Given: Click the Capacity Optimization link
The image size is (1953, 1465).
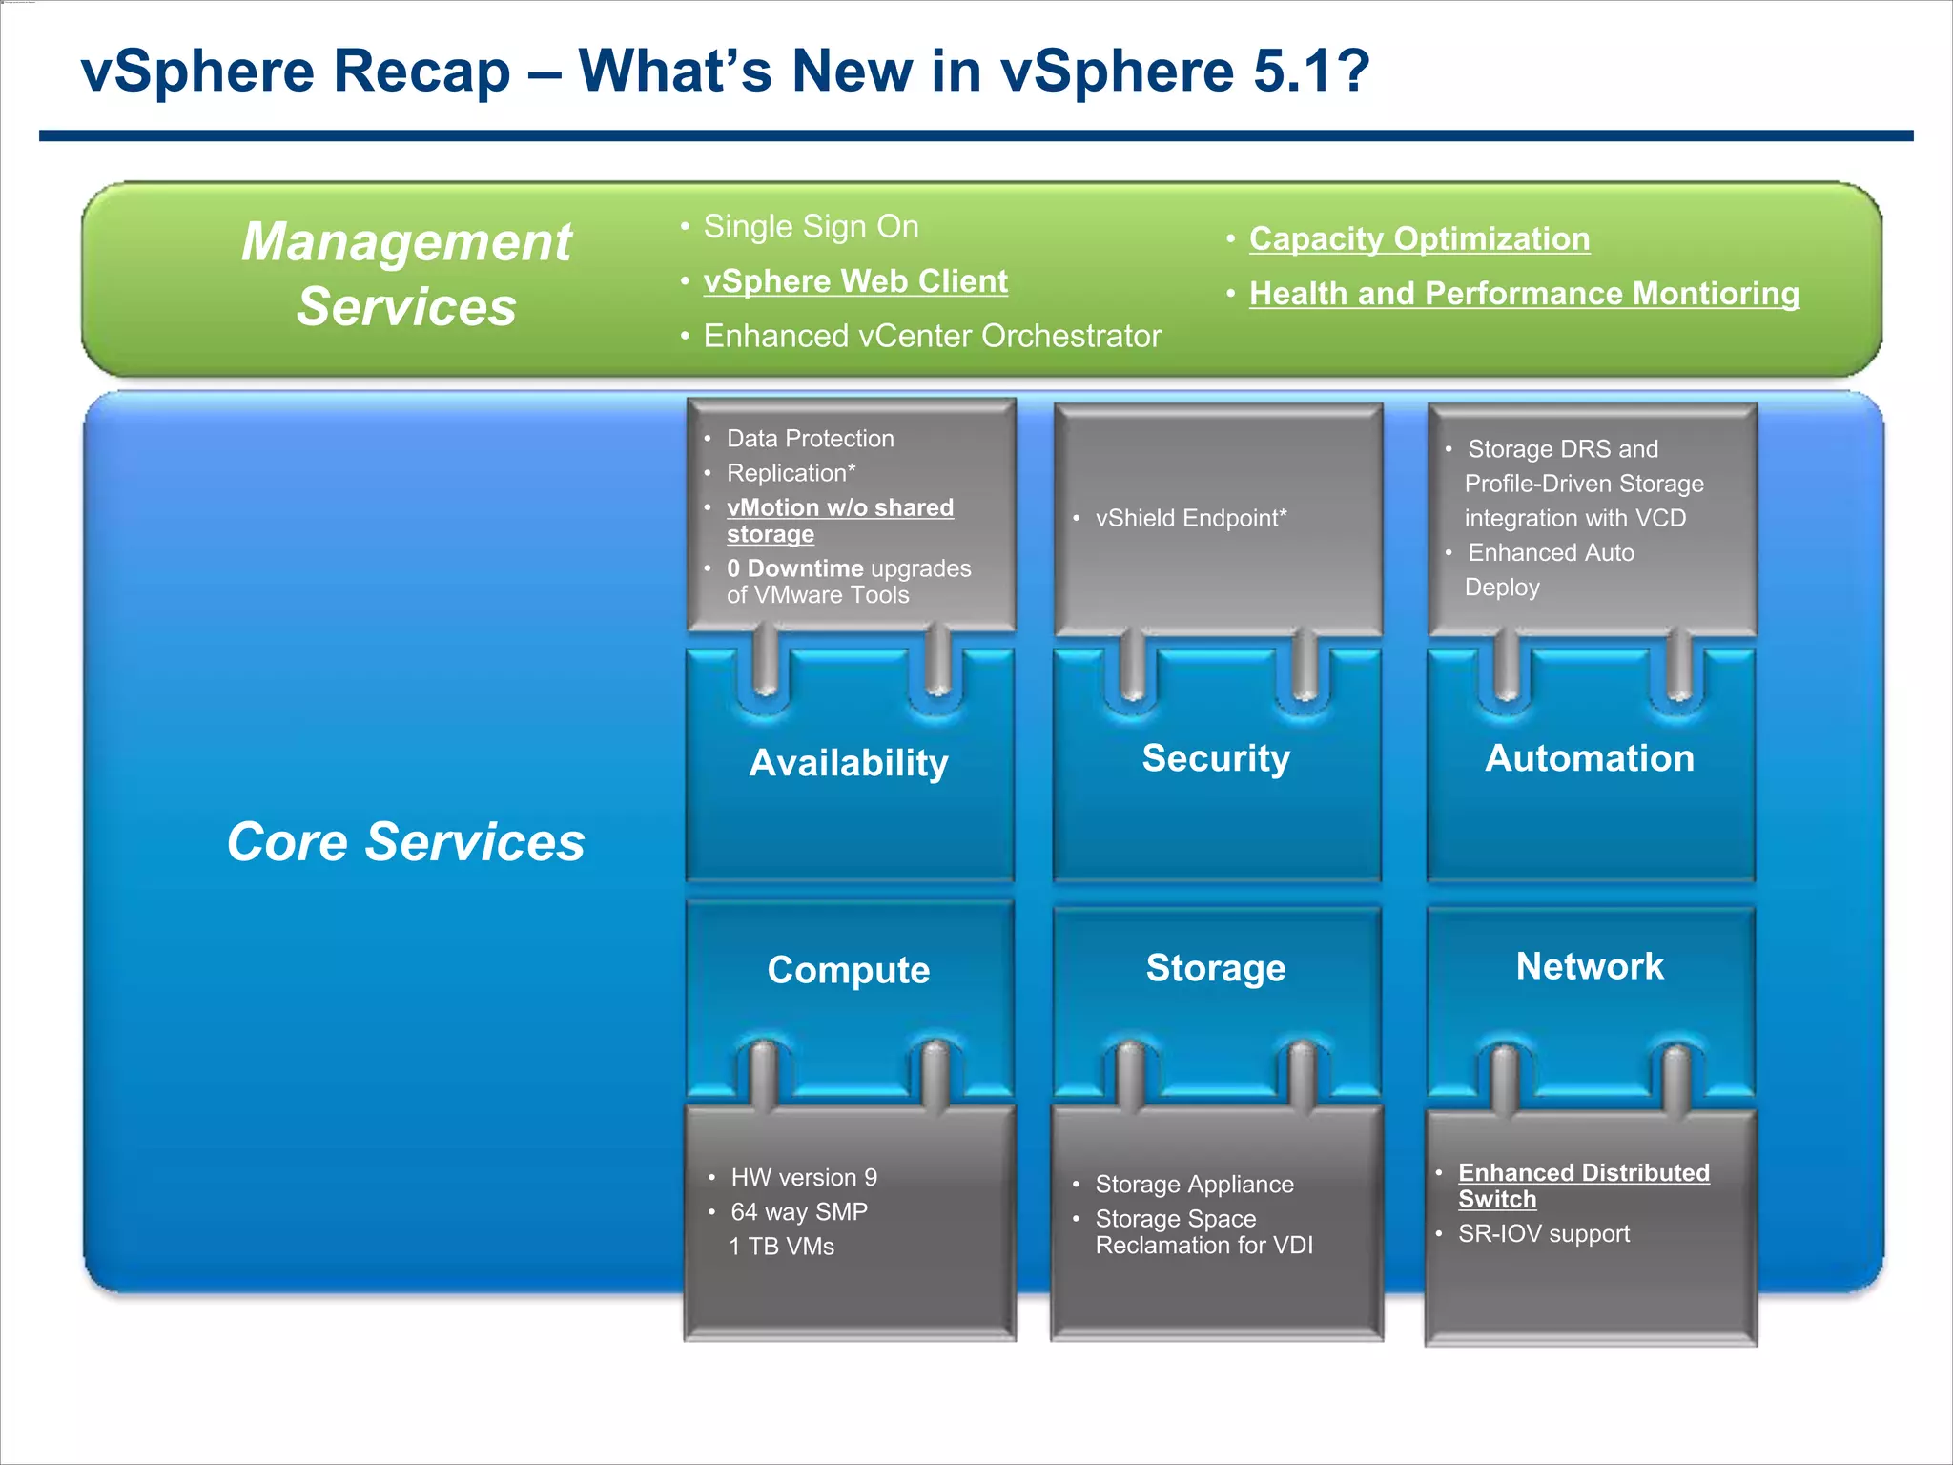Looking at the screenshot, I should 1419,238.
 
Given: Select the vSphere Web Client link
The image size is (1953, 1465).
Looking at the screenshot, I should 855,281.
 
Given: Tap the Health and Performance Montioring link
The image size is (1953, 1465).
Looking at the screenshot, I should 1524,294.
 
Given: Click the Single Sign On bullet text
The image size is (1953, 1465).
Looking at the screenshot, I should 811,227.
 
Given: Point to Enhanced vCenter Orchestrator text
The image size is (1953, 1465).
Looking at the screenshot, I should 932,337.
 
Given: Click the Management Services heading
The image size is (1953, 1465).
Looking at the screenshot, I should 406,274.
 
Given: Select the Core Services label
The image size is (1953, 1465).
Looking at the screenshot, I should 405,842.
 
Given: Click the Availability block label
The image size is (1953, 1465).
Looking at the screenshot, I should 849,763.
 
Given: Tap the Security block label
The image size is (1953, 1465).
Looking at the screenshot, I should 1216,758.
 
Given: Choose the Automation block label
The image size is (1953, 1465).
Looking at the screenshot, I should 1590,758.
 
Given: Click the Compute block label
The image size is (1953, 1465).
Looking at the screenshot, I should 849,970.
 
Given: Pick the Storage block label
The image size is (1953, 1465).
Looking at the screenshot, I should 1216,968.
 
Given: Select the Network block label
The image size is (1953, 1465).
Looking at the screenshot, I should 1590,966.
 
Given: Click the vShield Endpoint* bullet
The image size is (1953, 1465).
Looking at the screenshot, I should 1191,518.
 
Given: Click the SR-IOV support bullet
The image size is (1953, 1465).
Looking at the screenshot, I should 1543,1234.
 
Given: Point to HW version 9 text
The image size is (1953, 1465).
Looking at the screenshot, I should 804,1178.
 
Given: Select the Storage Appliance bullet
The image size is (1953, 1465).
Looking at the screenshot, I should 1194,1185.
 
